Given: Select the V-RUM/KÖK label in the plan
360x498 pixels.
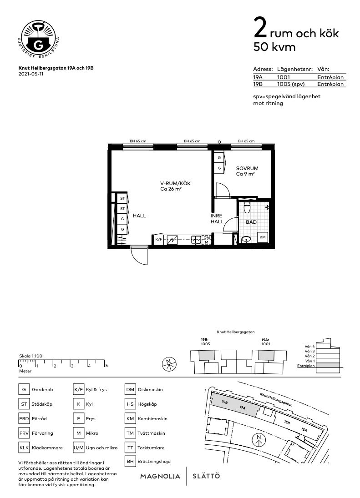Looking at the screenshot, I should pyautogui.click(x=175, y=183).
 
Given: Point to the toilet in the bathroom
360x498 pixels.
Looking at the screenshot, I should pyautogui.click(x=247, y=207).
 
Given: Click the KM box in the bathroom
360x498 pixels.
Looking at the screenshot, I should pyautogui.click(x=263, y=237).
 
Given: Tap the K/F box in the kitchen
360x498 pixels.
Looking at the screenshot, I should pyautogui.click(x=158, y=239).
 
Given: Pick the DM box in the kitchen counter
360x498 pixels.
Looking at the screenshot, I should pyautogui.click(x=207, y=237).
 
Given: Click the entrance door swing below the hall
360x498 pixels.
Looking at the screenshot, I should pyautogui.click(x=138, y=256).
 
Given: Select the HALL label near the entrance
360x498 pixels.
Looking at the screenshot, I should pyautogui.click(x=139, y=216).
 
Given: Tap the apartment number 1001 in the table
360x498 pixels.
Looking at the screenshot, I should pyautogui.click(x=283, y=77).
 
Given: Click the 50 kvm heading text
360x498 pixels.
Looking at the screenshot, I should pyautogui.click(x=274, y=47).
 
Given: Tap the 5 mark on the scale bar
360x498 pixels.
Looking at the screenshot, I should pyautogui.click(x=106, y=365).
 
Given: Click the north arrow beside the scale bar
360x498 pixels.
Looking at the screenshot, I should pyautogui.click(x=169, y=363).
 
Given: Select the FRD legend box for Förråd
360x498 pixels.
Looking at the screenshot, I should pyautogui.click(x=24, y=419).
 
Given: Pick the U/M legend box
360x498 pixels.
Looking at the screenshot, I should pyautogui.click(x=79, y=448).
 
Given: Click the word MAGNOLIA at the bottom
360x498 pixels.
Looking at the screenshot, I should pyautogui.click(x=160, y=476).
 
